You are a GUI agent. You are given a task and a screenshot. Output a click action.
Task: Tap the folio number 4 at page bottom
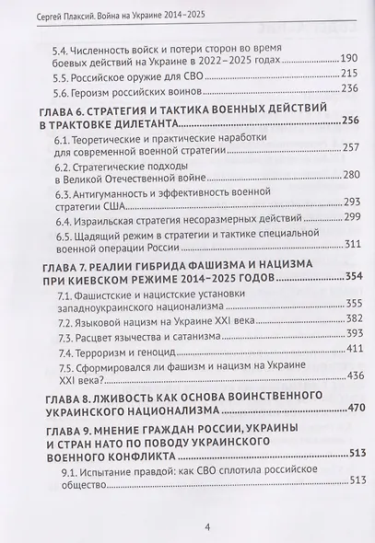coord(187,526)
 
